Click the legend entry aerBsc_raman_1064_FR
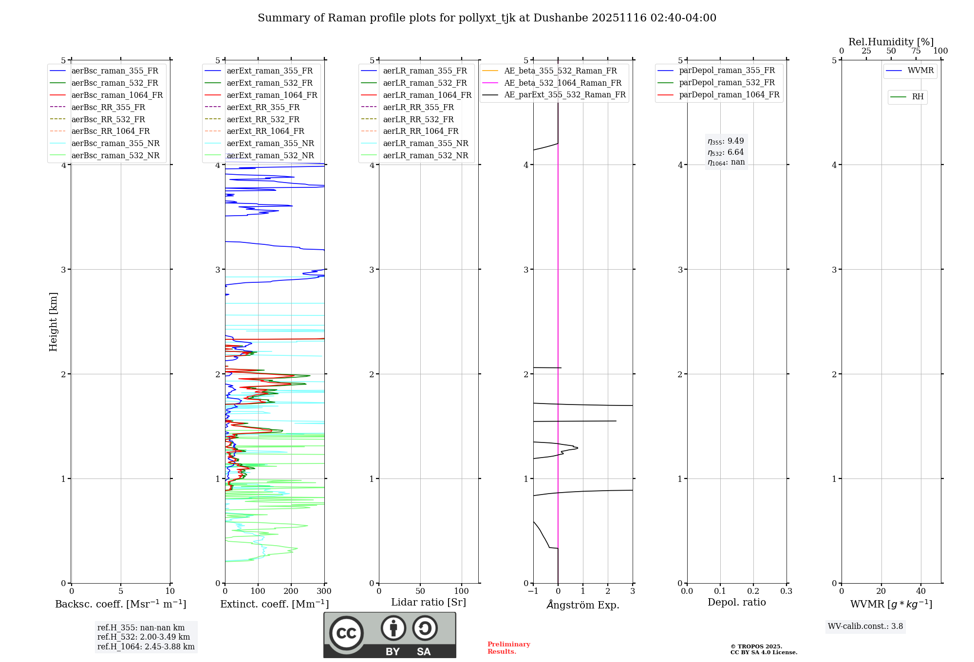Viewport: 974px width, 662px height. point(117,95)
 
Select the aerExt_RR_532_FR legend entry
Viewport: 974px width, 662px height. point(263,120)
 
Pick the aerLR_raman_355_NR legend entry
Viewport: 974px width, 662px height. point(425,144)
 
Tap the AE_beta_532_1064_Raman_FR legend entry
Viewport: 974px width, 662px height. point(562,83)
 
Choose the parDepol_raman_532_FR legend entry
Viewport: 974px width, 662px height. point(727,83)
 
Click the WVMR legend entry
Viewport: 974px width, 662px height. point(920,71)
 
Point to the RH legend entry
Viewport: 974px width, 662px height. point(918,97)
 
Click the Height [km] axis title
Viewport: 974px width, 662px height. point(53,322)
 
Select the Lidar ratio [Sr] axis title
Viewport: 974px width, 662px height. point(429,603)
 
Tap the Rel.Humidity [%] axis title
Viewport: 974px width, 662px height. point(891,42)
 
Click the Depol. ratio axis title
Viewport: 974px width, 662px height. point(736,603)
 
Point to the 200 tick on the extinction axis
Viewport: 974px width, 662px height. point(291,591)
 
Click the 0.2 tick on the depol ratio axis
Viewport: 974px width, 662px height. point(753,591)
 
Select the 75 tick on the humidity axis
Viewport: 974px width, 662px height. point(916,51)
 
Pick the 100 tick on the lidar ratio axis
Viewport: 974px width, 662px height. point(461,591)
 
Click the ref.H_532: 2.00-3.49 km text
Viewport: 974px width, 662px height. point(144,637)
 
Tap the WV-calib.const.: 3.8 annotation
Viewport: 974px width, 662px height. point(865,626)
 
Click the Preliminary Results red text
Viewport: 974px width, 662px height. point(508,648)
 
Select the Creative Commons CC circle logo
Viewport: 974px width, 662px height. point(346,633)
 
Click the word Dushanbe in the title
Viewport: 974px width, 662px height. point(561,18)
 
